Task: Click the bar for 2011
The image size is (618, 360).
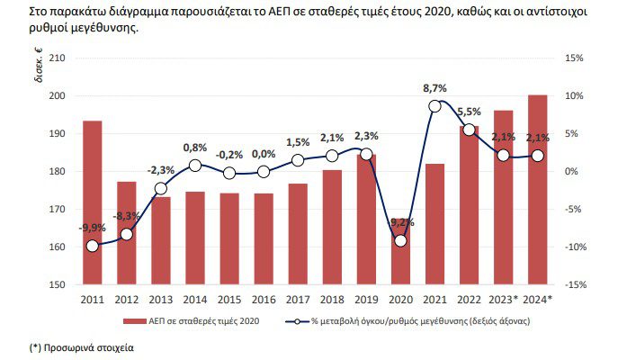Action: tap(92, 202)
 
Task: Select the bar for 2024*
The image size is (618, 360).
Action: tap(538, 189)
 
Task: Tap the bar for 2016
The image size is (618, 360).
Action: tap(264, 238)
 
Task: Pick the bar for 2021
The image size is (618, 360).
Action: tap(434, 224)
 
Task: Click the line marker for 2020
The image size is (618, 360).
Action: tap(400, 240)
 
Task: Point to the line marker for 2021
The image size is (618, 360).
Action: tap(434, 106)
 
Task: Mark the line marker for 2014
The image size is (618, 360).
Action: tap(194, 166)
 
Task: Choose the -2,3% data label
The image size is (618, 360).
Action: tap(161, 170)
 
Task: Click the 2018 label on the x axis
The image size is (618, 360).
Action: tap(332, 299)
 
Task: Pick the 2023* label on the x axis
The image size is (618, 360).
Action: tap(505, 299)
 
